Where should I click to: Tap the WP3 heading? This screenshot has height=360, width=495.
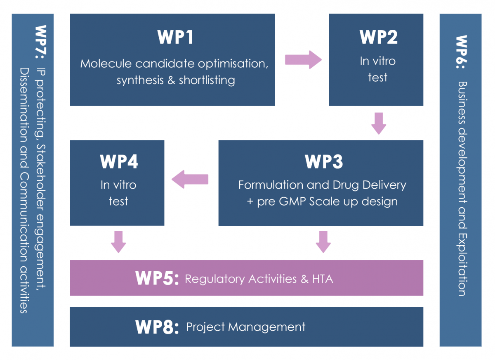(323, 162)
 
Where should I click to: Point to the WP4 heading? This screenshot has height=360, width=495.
(118, 162)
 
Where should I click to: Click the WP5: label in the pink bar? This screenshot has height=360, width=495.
(157, 279)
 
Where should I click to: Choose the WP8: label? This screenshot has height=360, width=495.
(157, 327)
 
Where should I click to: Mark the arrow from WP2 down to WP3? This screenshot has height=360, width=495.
(379, 123)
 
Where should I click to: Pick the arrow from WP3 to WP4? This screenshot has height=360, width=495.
(190, 180)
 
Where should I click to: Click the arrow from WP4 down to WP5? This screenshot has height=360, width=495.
(118, 242)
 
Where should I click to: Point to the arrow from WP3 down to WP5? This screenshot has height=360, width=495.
(323, 242)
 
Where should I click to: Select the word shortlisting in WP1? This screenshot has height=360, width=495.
(207, 80)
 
